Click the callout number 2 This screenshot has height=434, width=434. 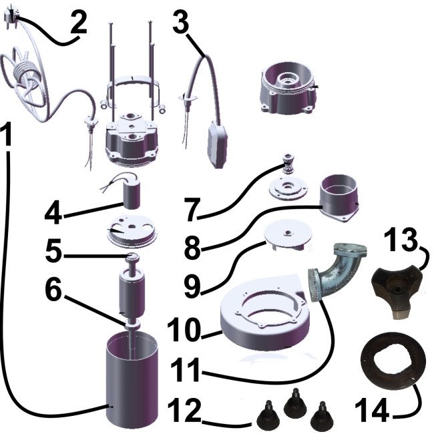point(78,23)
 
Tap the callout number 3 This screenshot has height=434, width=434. point(182,21)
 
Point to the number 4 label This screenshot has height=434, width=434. point(53,213)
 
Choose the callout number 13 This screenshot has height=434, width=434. point(401,240)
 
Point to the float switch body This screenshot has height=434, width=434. point(218,145)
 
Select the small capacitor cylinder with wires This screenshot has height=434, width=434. point(132,194)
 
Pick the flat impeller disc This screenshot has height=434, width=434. point(288,235)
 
